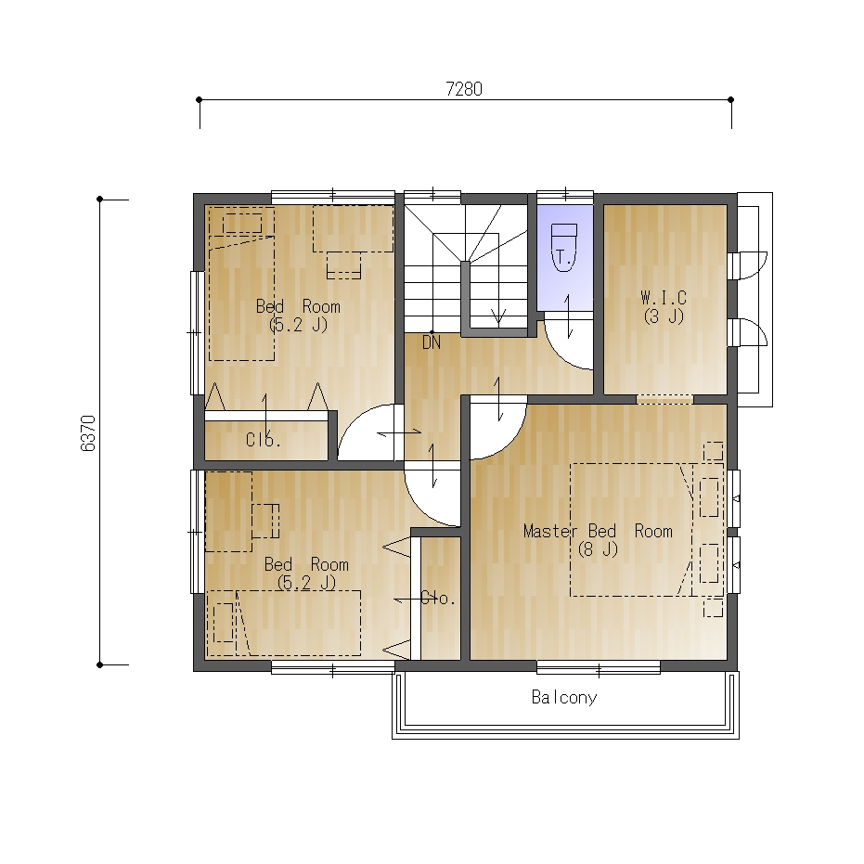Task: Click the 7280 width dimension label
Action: point(464,89)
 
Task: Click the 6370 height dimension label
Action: point(88,433)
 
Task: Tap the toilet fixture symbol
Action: point(563,248)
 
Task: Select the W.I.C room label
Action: point(664,298)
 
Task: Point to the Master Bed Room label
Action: point(598,531)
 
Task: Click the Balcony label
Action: point(564,698)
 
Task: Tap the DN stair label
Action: point(432,342)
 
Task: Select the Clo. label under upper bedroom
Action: point(264,440)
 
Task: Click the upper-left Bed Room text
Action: point(298,306)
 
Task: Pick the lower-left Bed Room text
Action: point(306,564)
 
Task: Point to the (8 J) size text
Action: point(598,549)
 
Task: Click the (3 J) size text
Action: point(664,316)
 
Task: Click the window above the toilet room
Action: point(565,195)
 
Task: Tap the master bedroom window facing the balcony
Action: point(599,669)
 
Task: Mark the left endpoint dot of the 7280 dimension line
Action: point(200,99)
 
